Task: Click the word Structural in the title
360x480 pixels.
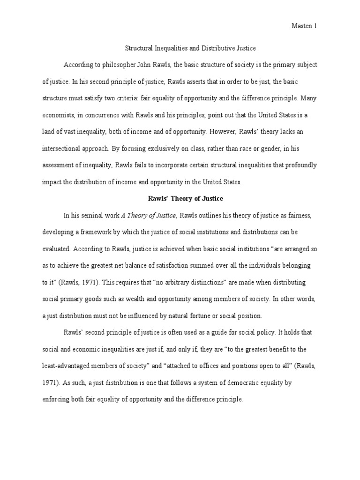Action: [140, 48]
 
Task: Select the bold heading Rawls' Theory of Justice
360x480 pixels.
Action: [180, 198]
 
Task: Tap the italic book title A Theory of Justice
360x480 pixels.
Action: [149, 216]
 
